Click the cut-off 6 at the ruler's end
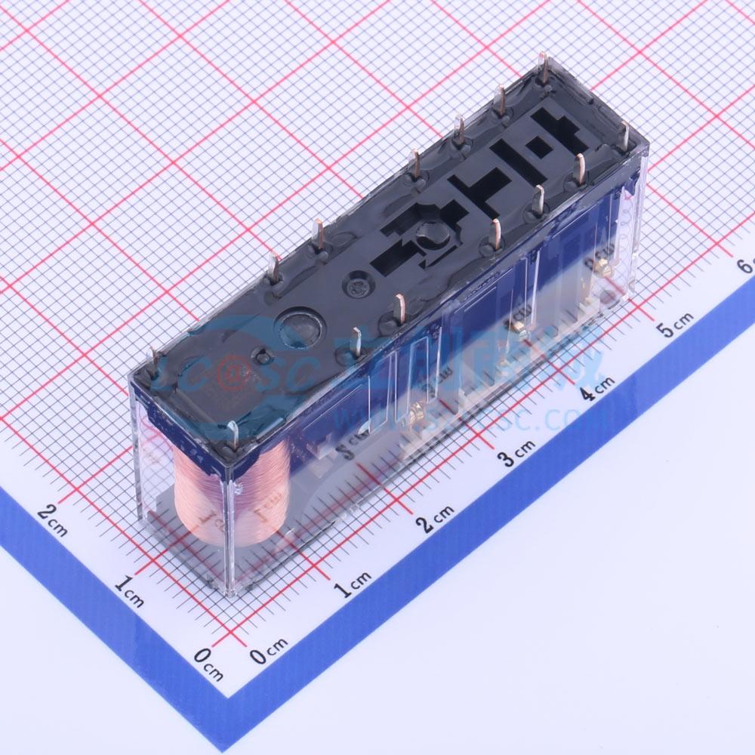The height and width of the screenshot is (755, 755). [746, 266]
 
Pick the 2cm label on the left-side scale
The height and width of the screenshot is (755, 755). [52, 520]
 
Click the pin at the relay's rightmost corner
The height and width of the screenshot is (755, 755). [623, 137]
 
